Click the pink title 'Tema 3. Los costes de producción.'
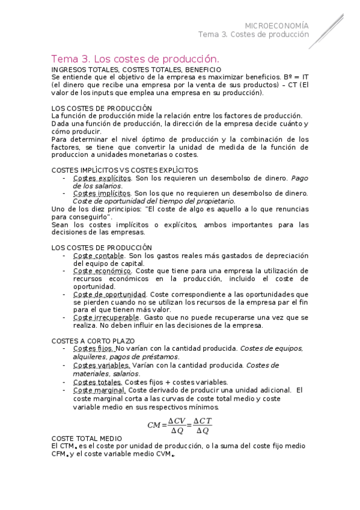135,59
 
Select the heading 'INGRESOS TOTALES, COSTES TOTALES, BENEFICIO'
132,70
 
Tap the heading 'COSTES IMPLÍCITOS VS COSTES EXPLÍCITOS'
125,170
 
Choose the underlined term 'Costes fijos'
93,349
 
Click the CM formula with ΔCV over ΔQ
179,425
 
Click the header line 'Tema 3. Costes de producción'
253,35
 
